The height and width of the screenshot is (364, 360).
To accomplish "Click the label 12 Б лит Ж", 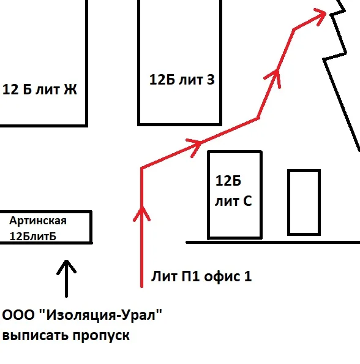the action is click(39, 89).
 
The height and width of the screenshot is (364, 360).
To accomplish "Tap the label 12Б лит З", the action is click(182, 80).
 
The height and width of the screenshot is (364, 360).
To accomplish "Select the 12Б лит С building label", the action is click(233, 191).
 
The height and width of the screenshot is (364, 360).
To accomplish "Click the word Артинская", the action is click(38, 221).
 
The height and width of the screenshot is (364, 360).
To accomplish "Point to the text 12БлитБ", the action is click(32, 237).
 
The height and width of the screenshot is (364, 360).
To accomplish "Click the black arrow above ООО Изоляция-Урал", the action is click(66, 278).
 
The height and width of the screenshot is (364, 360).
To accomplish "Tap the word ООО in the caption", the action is click(18, 315).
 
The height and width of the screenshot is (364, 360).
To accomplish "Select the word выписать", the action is click(34, 336).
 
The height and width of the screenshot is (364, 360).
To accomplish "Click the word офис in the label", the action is click(222, 276).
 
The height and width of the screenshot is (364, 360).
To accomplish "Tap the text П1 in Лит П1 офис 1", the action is click(190, 276).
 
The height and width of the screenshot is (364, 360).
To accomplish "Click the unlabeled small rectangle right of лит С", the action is click(304, 202).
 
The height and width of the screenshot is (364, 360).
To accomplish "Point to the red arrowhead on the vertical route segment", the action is click(141, 213).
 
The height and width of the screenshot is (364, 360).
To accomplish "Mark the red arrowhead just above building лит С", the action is click(195, 146).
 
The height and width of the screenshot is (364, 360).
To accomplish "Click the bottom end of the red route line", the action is click(141, 287).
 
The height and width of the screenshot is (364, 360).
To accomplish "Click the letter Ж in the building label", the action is click(70, 89).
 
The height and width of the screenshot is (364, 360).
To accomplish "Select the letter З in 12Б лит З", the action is click(211, 80).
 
